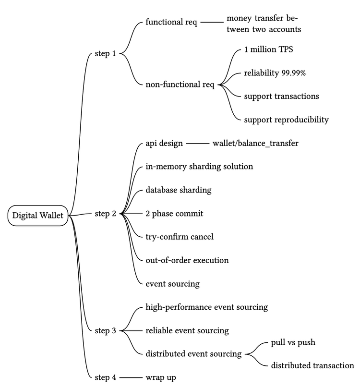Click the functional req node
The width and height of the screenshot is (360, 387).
point(171,23)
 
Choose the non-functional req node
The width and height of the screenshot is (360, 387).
point(180,85)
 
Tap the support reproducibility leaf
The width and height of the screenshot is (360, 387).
point(286,120)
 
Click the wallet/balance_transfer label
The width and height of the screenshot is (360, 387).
point(252,143)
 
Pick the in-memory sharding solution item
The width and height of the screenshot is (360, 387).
point(199,167)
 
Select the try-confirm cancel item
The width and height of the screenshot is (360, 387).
point(180,237)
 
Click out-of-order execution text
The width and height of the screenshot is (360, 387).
point(187,260)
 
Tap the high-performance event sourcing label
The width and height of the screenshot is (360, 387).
point(206,307)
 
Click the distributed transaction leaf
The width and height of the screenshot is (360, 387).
point(312,366)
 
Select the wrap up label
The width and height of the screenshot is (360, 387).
point(160,377)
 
